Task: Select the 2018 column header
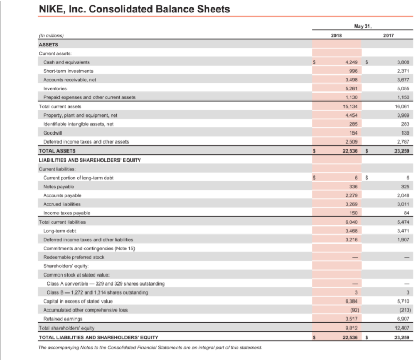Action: point(337,36)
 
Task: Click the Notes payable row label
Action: point(58,187)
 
